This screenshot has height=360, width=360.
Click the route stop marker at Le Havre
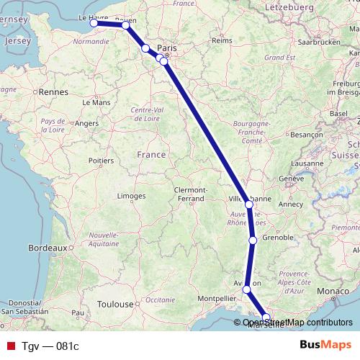94,23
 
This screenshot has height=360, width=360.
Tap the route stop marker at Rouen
126,25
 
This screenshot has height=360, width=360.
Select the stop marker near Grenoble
253,240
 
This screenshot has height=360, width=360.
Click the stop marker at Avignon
247,289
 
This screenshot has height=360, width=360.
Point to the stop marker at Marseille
266,318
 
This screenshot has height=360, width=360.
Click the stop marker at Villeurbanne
249,204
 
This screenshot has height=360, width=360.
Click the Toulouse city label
115,305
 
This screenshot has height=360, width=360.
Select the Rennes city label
53,92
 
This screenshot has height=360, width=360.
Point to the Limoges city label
131,196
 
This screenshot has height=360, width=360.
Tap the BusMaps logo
325,345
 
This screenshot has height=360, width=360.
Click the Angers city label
86,123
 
